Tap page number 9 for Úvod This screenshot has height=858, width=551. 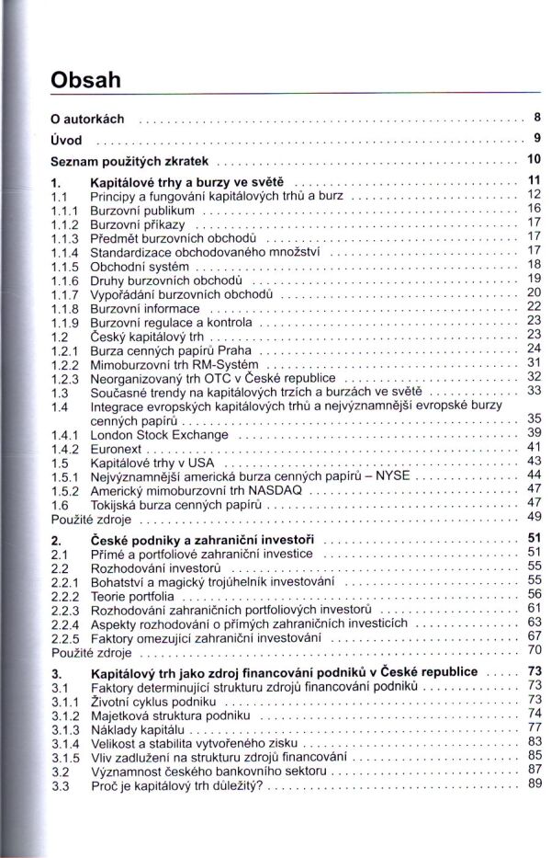coord(535,139)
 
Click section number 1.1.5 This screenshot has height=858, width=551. coord(65,266)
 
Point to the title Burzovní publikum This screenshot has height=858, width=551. coord(141,211)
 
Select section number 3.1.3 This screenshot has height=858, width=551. coord(65,729)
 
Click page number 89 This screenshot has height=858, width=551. coord(535,784)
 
